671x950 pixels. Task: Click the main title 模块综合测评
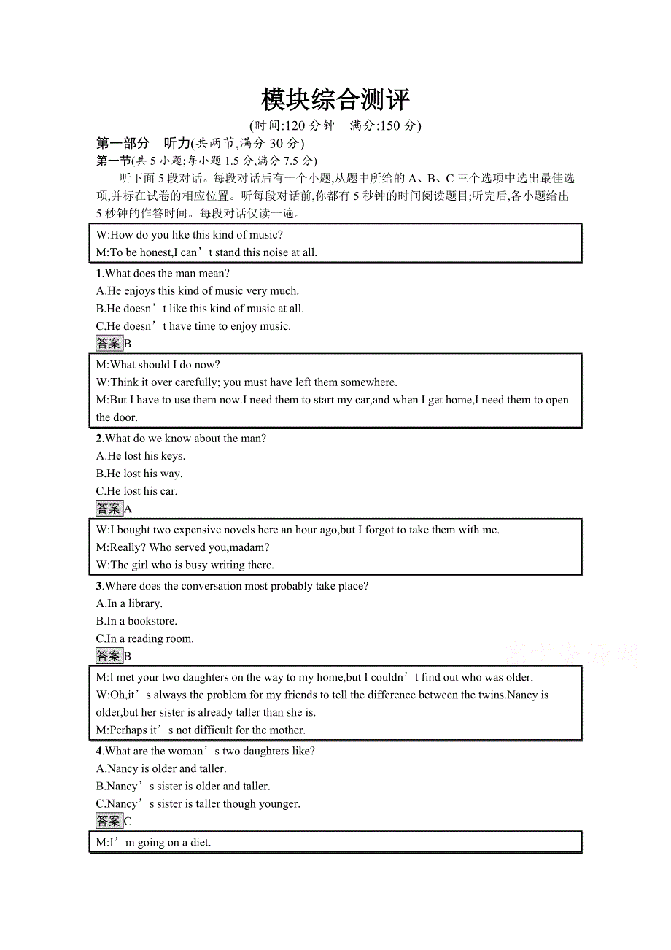335,100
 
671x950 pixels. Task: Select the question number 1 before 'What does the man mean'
99,274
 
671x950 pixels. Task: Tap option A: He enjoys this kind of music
198,291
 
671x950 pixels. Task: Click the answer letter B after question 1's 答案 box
128,344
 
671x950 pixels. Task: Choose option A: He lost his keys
141,456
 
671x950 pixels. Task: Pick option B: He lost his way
139,474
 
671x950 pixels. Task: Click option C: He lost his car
137,491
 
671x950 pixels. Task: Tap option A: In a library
129,603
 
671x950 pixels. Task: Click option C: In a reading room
145,638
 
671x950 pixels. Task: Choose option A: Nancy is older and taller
161,768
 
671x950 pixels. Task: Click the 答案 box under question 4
109,821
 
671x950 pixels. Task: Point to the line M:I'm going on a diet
153,843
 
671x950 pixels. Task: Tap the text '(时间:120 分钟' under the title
291,125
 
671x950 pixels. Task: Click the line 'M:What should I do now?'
158,365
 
